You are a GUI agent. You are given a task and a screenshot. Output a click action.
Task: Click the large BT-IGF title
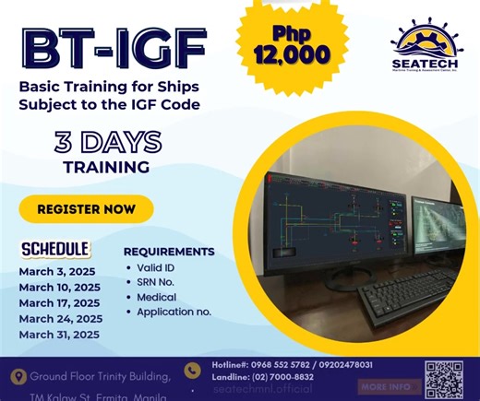113,50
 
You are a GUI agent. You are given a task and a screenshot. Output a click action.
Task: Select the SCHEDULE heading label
55,249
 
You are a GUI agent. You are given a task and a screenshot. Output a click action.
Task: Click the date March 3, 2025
55,271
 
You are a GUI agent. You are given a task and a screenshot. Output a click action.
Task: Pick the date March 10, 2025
59,287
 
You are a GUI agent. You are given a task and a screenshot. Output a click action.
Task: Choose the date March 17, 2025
59,302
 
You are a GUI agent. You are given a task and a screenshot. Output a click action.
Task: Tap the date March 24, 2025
60,318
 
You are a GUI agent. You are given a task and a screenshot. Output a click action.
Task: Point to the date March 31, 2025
59,334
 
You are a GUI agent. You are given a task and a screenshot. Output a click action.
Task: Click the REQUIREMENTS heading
169,252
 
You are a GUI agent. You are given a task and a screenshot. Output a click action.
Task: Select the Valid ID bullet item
155,267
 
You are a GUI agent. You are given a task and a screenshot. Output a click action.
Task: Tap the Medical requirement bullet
156,297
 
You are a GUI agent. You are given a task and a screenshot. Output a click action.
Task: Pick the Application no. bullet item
174,312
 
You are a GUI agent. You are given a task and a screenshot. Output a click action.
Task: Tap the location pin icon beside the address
17,377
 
